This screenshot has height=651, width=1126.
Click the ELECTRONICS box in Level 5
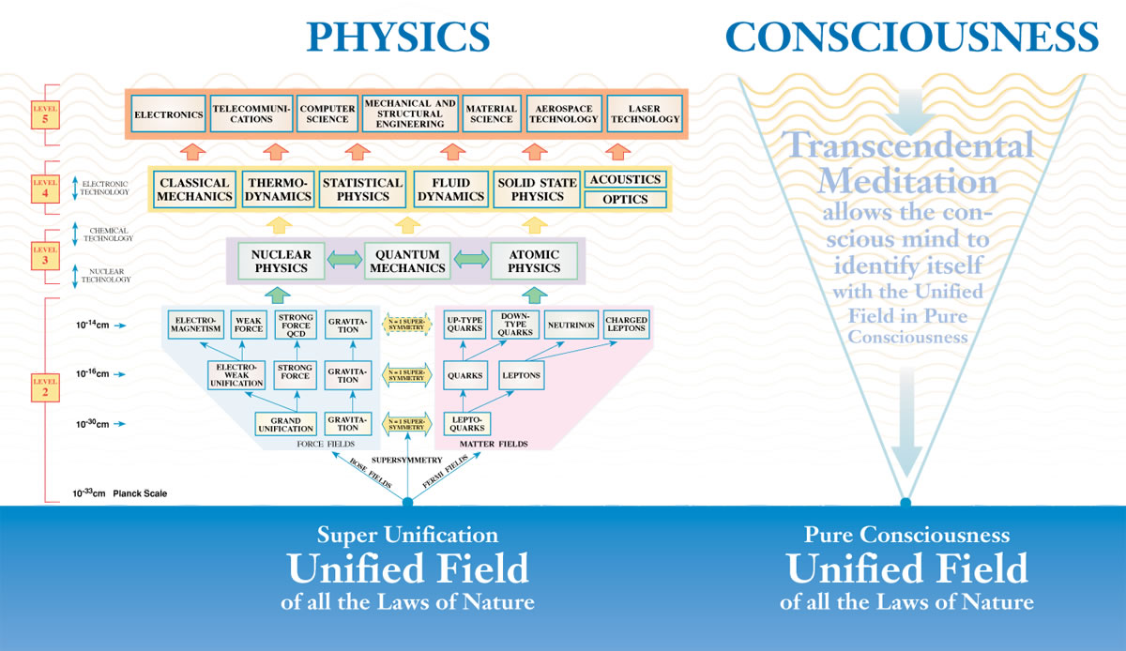pos(168,114)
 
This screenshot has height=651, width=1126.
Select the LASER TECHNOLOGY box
pos(643,114)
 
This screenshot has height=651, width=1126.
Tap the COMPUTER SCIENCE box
pos(327,114)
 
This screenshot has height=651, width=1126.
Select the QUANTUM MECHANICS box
pos(407,261)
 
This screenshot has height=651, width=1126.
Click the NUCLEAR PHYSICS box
pos(281,261)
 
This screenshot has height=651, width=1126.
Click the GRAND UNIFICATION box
pos(285,423)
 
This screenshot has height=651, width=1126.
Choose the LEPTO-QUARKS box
pos(466,423)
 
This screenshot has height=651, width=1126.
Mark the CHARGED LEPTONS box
pos(626,325)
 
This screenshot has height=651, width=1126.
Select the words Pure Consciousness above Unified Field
pos(906,536)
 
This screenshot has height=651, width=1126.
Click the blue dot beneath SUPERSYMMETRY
pos(407,502)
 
